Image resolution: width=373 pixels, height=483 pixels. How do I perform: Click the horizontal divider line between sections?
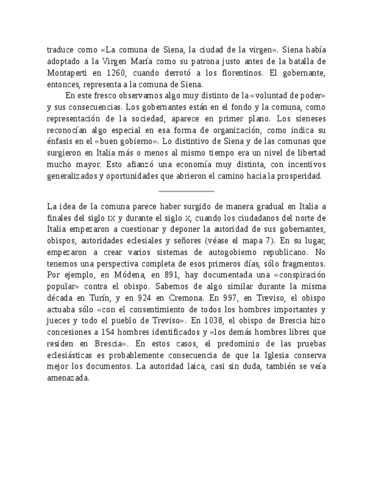tap(186, 191)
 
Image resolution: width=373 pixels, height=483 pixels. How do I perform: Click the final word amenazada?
tap(68, 378)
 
